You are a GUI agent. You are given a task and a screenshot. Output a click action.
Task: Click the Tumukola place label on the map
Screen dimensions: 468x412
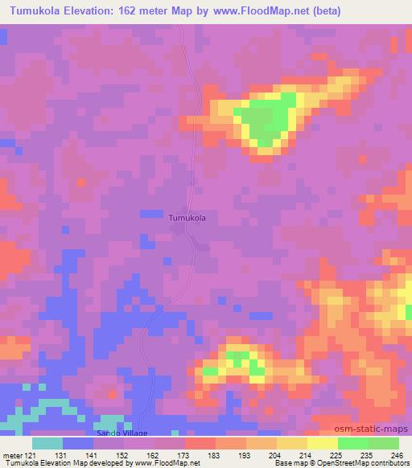point(192,217)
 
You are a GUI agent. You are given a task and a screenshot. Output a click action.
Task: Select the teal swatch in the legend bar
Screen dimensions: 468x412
point(47,443)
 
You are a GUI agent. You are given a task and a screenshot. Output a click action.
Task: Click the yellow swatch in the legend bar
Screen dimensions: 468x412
point(323,443)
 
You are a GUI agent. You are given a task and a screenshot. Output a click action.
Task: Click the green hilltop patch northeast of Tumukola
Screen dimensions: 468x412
point(266,117)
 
